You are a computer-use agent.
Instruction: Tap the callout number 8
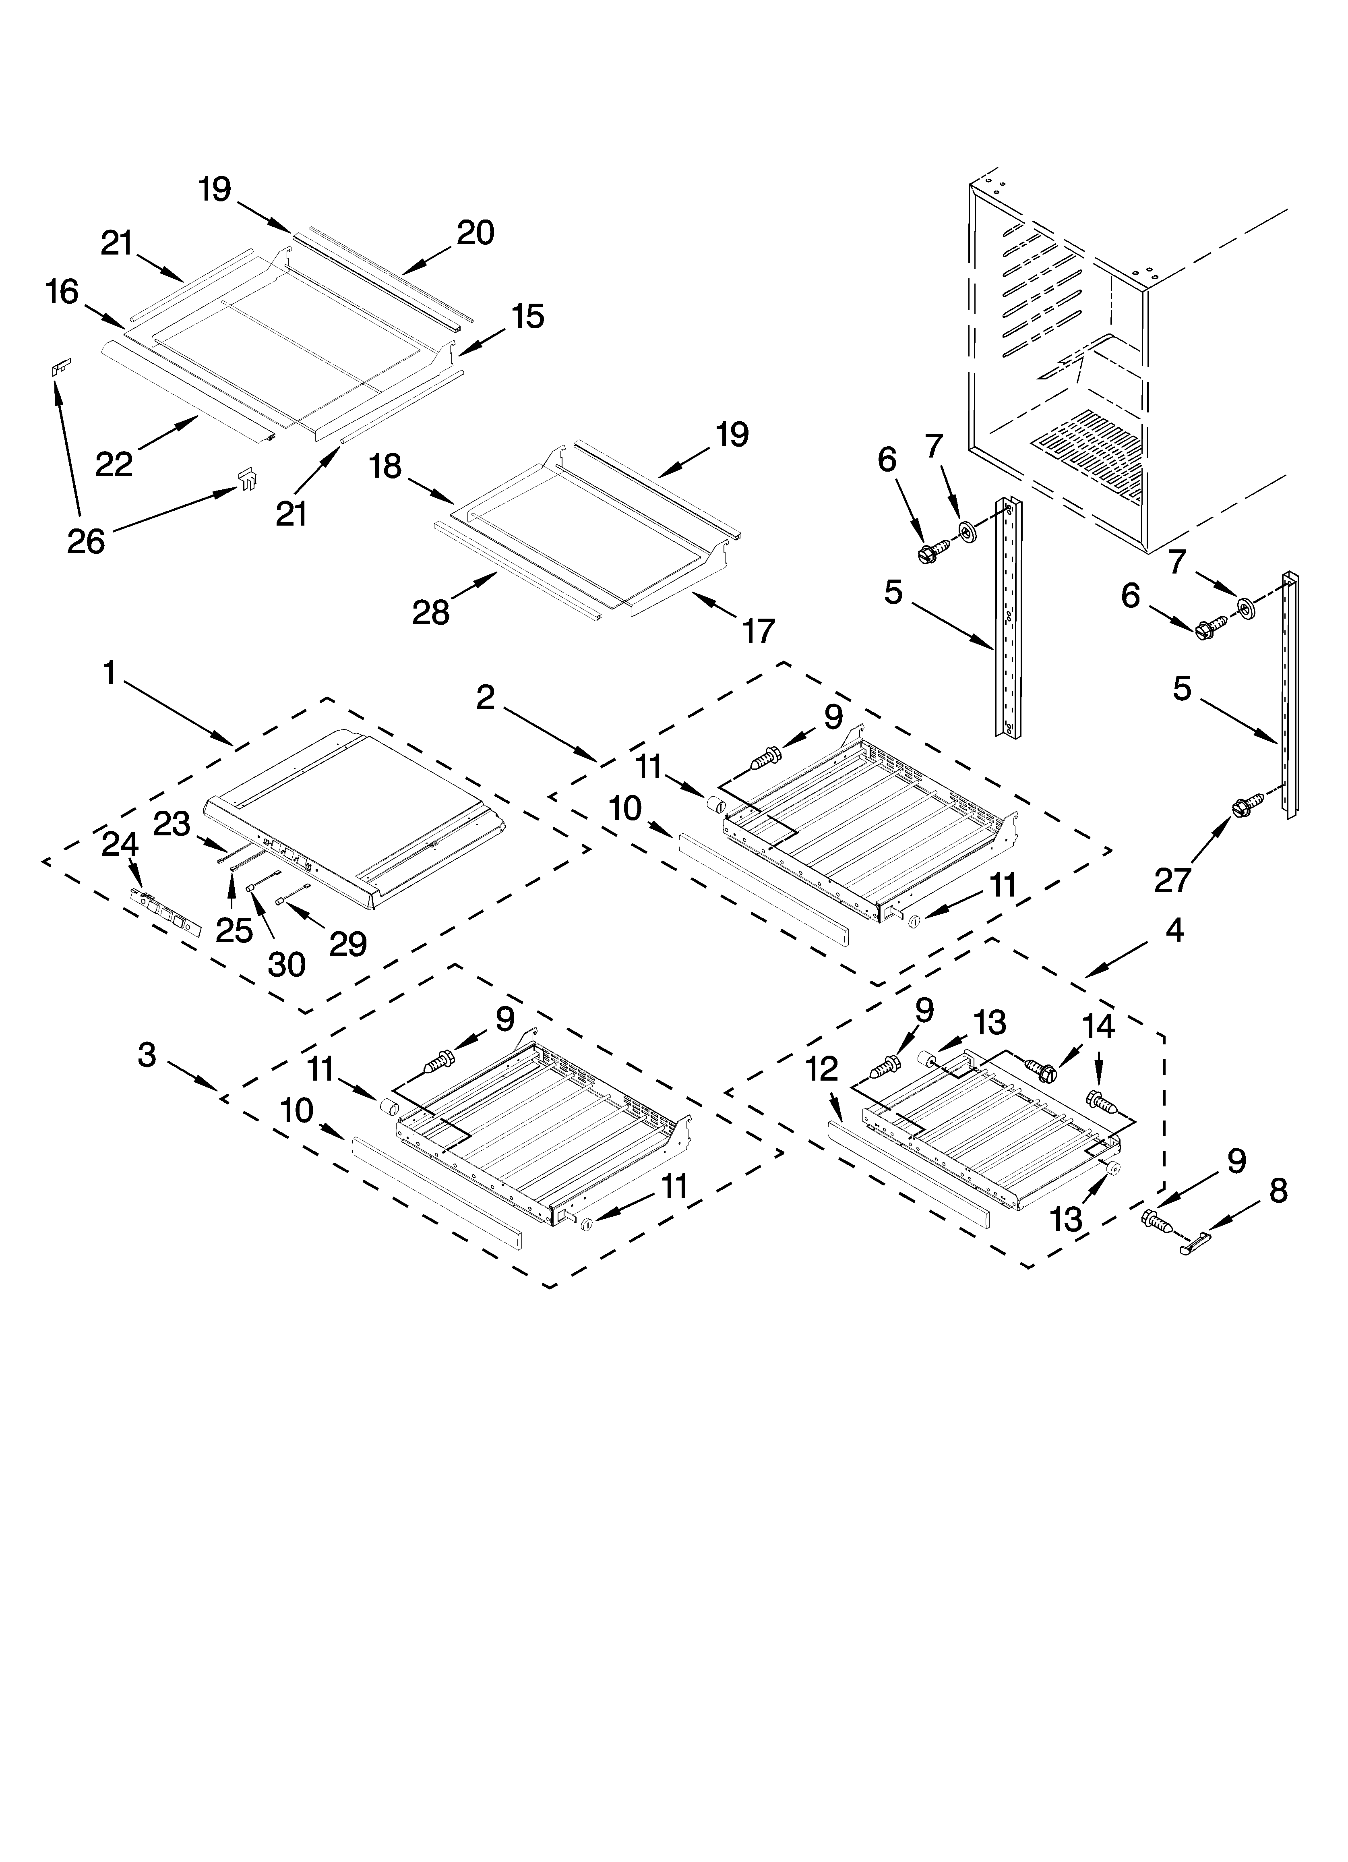pyautogui.click(x=1278, y=1191)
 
